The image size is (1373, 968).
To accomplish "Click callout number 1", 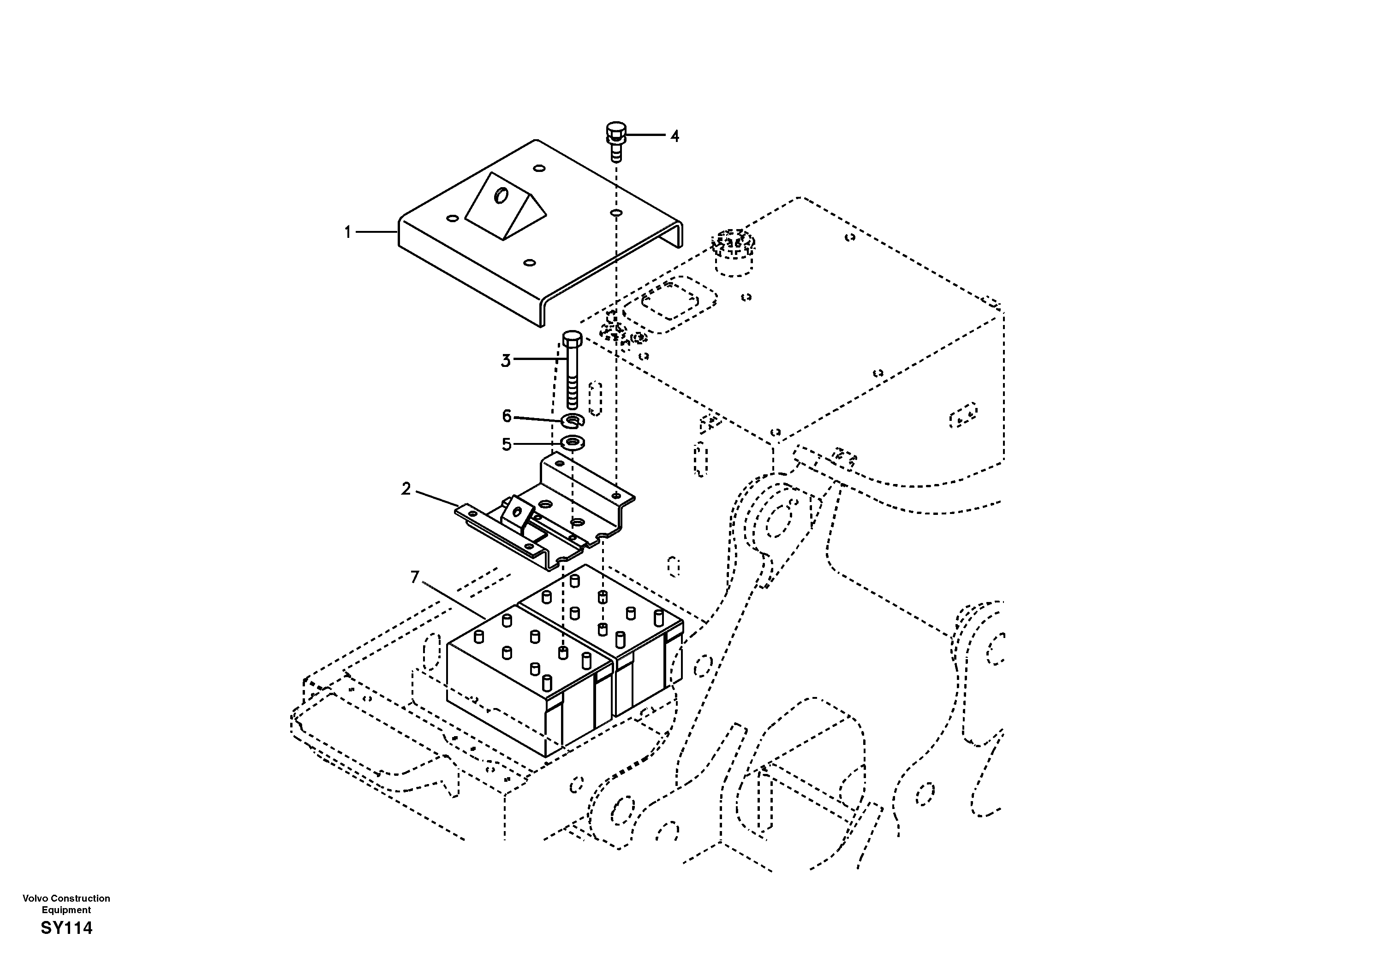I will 347,232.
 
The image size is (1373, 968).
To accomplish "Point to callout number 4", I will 675,136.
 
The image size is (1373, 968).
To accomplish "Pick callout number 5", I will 507,444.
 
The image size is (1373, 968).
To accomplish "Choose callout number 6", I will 507,415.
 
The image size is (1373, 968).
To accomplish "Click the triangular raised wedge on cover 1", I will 505,206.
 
